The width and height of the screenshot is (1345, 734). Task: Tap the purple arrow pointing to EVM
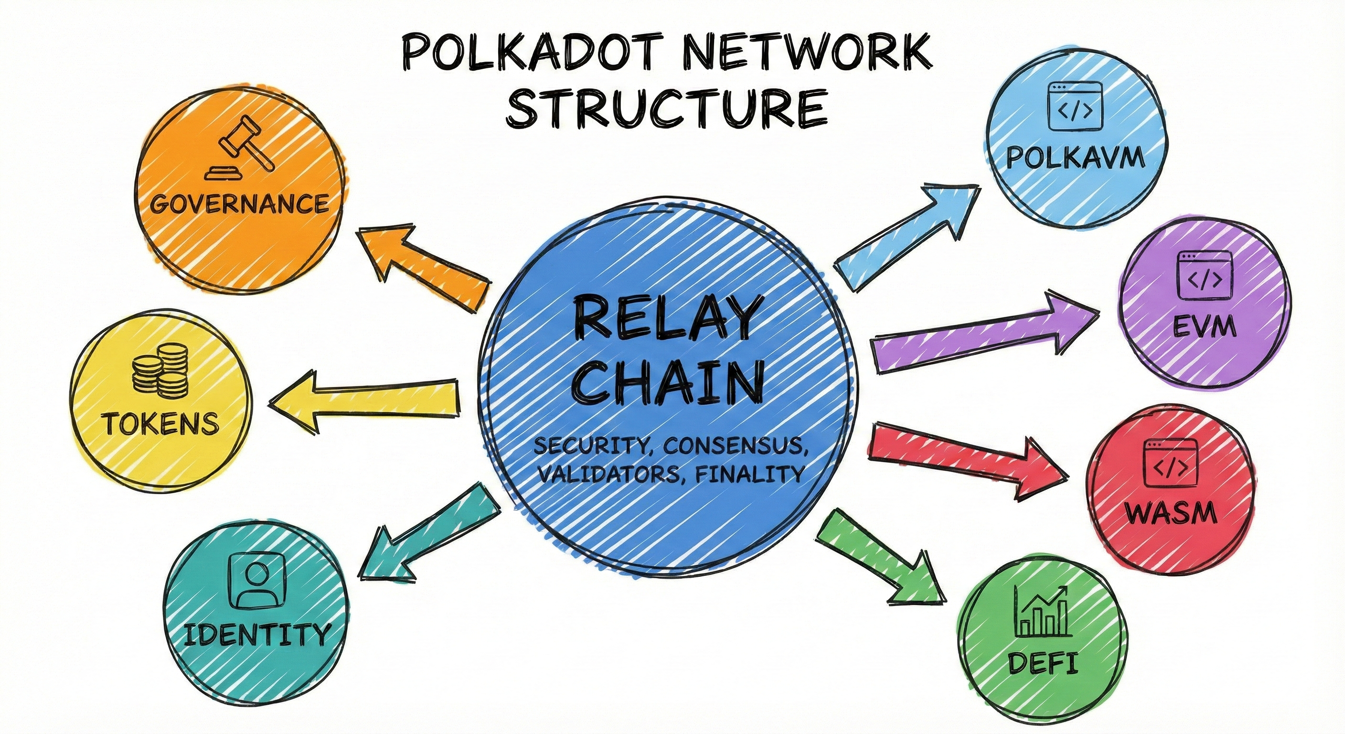[982, 335]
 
